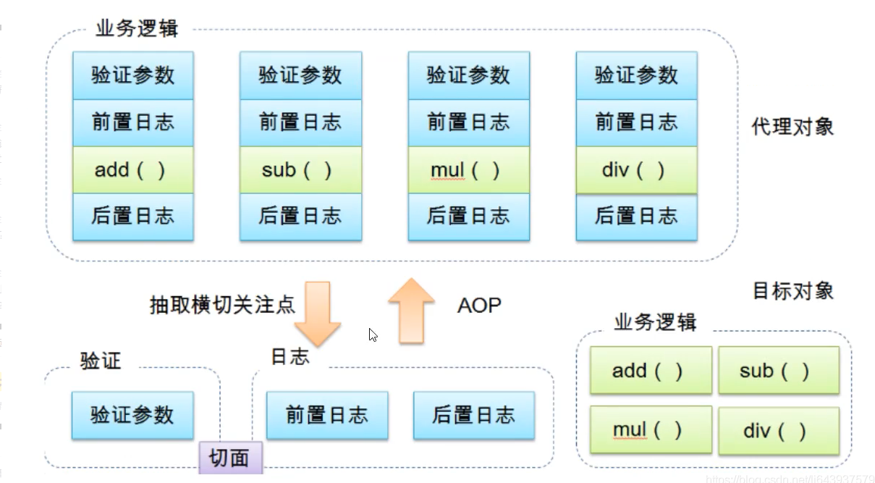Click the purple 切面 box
230,458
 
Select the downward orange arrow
318,314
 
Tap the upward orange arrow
411,311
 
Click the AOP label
479,305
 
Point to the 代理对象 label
792,127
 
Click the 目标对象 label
793,291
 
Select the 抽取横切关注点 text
222,305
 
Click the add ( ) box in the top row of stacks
133,170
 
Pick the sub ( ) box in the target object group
779,370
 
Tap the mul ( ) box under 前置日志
469,170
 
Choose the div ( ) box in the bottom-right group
779,430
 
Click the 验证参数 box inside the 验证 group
132,415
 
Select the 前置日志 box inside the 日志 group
327,415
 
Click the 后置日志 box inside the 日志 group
474,415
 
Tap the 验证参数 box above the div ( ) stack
637,75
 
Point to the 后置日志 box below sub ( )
301,217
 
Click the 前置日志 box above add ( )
133,122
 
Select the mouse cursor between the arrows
373,335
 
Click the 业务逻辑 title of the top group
137,28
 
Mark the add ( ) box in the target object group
651,370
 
